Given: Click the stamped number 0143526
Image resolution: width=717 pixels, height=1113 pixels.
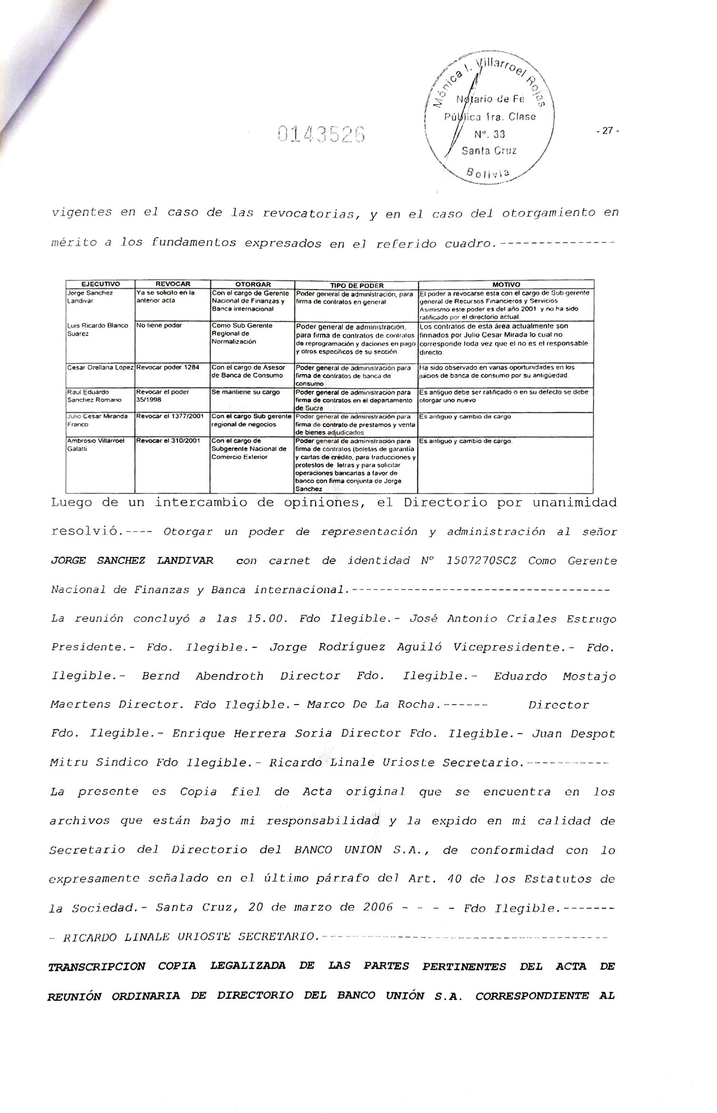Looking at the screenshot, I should pyautogui.click(x=321, y=135).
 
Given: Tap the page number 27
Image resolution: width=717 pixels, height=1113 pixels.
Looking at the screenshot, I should pyautogui.click(x=607, y=131).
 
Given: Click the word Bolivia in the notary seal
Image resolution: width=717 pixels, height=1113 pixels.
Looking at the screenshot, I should pyautogui.click(x=488, y=173).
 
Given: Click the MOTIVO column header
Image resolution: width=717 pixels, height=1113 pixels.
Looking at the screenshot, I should pyautogui.click(x=506, y=285).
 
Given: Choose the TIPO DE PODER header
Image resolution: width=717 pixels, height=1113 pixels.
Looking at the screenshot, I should pyautogui.click(x=357, y=285).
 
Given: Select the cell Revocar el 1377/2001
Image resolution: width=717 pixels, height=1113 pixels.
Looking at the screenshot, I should pyautogui.click(x=170, y=416).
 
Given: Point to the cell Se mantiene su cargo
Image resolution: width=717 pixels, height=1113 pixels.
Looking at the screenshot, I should pyautogui.click(x=246, y=392).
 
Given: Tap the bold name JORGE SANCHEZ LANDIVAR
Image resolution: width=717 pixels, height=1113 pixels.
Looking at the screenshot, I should pyautogui.click(x=132, y=560).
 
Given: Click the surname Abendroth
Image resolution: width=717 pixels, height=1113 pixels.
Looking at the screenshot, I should pyautogui.click(x=229, y=676).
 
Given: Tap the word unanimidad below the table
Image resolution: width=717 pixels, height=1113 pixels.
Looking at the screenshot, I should pyautogui.click(x=574, y=503).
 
